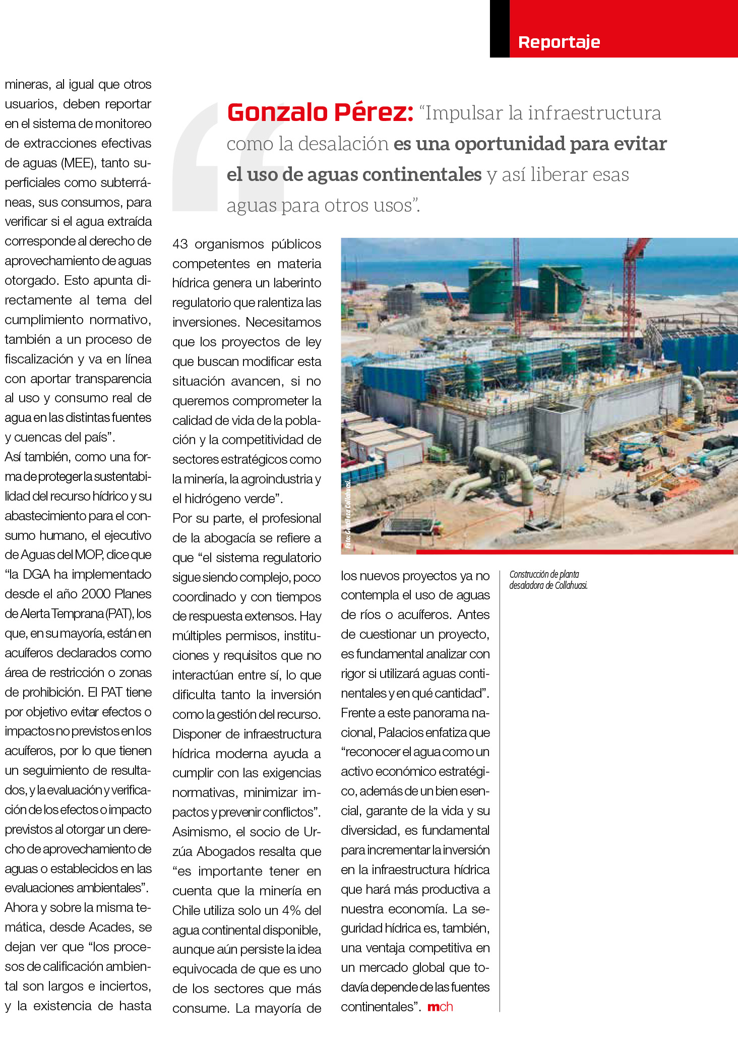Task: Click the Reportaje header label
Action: point(559,42)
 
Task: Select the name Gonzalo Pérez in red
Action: point(320,112)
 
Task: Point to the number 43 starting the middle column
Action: point(180,244)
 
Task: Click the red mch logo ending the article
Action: point(440,1007)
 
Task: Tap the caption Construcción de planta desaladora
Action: point(548,580)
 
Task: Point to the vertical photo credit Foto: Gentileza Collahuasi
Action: point(348,514)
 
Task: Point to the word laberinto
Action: point(295,283)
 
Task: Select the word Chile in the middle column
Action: point(186,911)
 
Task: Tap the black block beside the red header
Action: point(499,29)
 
